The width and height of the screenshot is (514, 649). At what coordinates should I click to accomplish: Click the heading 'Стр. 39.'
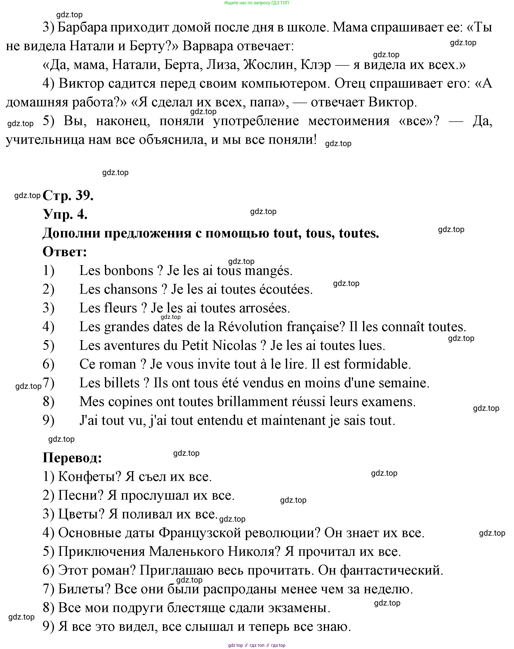(x=68, y=196)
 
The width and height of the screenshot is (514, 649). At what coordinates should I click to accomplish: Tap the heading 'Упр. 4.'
(x=65, y=215)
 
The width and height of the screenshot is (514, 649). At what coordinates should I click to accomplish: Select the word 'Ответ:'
(x=65, y=252)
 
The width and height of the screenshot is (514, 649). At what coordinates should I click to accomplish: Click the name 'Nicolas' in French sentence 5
(x=234, y=346)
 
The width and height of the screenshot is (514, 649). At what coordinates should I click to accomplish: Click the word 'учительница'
(x=45, y=140)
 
